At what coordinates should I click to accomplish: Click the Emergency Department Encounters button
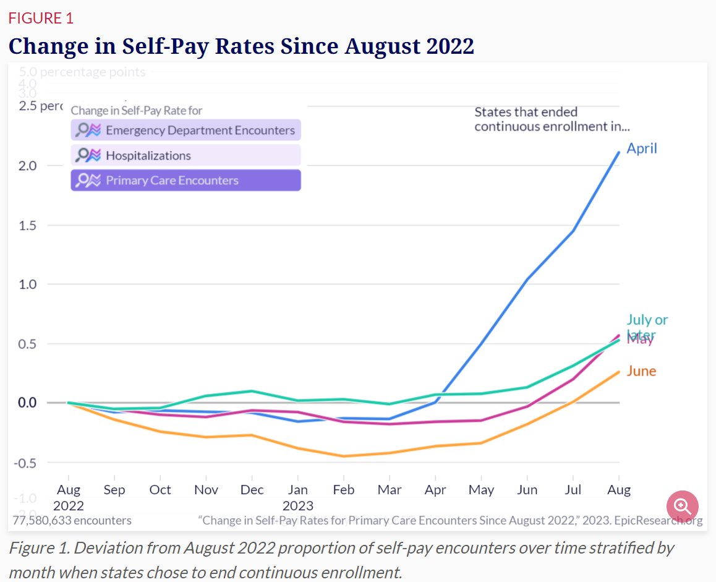pos(185,131)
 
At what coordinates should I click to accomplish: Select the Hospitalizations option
pos(185,155)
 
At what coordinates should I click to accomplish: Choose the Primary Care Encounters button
pos(185,181)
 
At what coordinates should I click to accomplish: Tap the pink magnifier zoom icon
pos(683,507)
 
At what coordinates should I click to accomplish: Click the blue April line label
pos(642,148)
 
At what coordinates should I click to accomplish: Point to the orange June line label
pos(641,371)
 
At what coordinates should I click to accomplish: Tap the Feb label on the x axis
pos(344,490)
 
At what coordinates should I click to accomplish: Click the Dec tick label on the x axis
pos(252,490)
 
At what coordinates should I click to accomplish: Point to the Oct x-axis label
pos(160,490)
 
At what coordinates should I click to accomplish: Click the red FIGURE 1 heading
pos(41,19)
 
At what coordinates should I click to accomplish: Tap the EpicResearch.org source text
pos(658,520)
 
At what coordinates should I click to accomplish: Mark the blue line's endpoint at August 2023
pos(619,152)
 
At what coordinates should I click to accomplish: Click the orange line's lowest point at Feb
pos(344,456)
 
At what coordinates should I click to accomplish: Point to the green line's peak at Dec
pos(252,391)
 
